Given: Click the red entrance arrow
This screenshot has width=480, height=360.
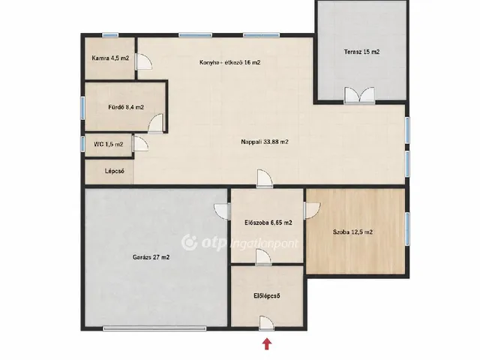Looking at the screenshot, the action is tap(267, 343).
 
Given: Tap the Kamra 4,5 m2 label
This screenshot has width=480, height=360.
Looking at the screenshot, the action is tap(110, 58).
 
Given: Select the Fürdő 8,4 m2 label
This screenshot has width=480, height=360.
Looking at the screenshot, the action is tap(126, 107).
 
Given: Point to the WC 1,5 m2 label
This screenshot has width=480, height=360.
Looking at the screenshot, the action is tap(108, 144).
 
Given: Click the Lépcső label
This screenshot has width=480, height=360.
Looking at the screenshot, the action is tap(115, 171).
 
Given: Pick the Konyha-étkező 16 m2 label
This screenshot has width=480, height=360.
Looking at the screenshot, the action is tap(230, 62).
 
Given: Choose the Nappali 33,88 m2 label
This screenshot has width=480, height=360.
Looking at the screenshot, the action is tap(265, 142).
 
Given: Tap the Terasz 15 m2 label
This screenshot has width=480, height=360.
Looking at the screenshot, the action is tap(361, 52).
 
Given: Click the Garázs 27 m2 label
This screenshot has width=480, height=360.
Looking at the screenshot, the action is tap(151, 257).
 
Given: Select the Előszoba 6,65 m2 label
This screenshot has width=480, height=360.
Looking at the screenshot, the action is tap(268, 223).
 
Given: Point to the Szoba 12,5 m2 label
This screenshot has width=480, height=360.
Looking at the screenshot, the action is tap(352, 232).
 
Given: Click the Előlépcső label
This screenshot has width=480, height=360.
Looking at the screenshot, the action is tap(267, 296).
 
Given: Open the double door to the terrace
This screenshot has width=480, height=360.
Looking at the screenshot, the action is tap(359, 95).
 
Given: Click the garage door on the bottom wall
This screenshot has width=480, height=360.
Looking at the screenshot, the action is tap(154, 328).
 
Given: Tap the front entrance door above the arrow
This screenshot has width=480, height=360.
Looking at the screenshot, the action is tap(266, 323).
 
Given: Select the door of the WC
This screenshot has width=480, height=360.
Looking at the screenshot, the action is tap(140, 143).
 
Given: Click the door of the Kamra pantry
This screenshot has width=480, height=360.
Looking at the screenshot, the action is tap(144, 61).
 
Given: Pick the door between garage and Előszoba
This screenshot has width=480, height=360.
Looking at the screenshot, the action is tap(223, 211).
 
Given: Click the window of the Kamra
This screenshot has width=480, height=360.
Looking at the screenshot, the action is tap(110, 35).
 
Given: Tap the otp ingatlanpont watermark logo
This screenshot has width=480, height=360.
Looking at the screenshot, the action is tap(240, 243).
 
